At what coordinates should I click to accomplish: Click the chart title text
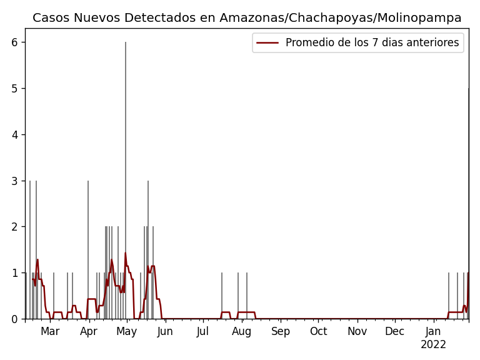coord(247,18)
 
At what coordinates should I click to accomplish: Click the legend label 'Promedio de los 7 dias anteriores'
coord(372,43)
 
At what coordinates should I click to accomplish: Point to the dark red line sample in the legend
coord(267,43)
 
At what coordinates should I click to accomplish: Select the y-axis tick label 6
coord(14,42)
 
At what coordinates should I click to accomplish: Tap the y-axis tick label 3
coord(14,181)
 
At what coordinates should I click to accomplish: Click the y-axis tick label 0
coord(14,319)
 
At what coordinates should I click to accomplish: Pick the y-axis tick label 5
coord(14,89)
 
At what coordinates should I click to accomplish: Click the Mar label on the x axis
coord(50,332)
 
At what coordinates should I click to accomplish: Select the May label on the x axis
coord(127,332)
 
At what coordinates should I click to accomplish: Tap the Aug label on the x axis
coord(242,332)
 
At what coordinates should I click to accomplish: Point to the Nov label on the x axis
coord(357,332)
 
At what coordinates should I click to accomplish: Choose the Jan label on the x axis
coord(434,332)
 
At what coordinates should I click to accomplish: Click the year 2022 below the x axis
coord(434,345)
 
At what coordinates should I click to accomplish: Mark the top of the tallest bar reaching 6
coord(126,43)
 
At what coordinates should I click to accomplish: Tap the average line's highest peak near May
coord(125,253)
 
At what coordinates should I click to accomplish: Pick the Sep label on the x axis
coord(281,332)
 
